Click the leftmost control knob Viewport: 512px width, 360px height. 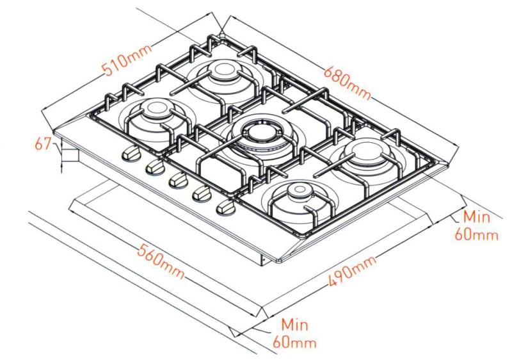click(x=131, y=154)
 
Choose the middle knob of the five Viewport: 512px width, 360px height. click(x=178, y=181)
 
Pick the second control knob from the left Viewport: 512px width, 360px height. click(x=154, y=168)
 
